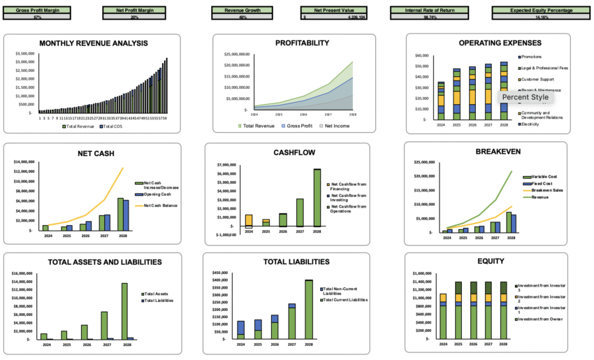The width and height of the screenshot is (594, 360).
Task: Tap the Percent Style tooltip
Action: point(525,97)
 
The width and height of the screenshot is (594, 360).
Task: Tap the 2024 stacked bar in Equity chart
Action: point(442,316)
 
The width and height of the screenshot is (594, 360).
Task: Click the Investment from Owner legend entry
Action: point(542,319)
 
